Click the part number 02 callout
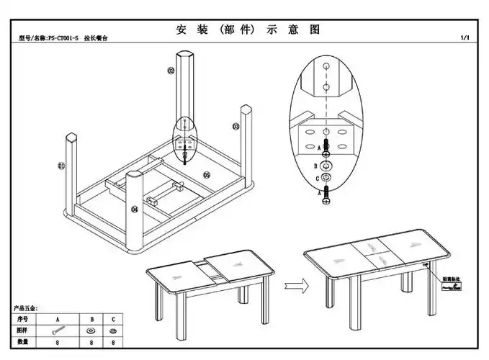[x=171, y=71]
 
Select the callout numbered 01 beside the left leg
[x=61, y=166]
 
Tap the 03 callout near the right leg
[x=235, y=126]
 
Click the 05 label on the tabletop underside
[x=206, y=174]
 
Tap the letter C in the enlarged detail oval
[x=317, y=177]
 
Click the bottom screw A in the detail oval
[x=326, y=193]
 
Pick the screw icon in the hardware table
[x=57, y=330]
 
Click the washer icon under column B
[x=91, y=330]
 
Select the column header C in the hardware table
[x=112, y=318]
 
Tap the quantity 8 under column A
[x=57, y=342]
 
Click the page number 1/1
[x=465, y=37]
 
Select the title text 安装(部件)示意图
[x=246, y=30]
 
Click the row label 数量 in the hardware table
[x=23, y=342]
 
